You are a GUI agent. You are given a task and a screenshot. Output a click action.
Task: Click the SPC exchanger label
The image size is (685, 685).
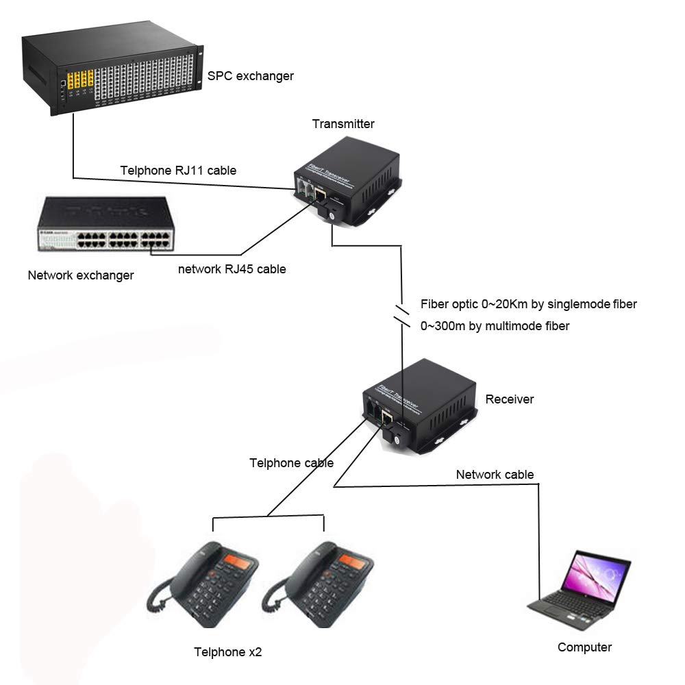tap(250, 76)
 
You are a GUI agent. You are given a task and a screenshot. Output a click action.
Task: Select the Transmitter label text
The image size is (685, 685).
tap(343, 124)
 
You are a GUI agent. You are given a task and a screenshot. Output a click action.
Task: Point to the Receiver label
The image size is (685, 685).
tap(509, 399)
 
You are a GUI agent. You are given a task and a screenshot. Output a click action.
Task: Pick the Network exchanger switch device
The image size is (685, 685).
tap(105, 225)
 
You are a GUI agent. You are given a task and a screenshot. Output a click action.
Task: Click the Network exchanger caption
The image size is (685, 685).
tap(81, 275)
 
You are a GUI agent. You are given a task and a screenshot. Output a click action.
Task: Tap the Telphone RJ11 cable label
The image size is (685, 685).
tap(178, 171)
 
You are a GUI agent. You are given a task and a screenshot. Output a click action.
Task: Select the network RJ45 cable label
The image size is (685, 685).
tap(232, 269)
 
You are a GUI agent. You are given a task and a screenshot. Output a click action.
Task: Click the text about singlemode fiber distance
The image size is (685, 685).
tap(528, 304)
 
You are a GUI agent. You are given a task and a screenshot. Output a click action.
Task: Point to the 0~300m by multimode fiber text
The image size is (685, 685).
tap(495, 327)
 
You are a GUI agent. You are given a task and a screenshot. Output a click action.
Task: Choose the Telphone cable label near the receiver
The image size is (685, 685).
tap(291, 463)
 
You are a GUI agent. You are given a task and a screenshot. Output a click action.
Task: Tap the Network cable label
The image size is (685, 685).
tap(495, 475)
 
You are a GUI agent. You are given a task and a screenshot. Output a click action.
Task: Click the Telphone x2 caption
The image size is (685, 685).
tap(227, 652)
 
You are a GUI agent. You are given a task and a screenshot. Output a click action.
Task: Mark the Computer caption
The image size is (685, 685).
tap(584, 647)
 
